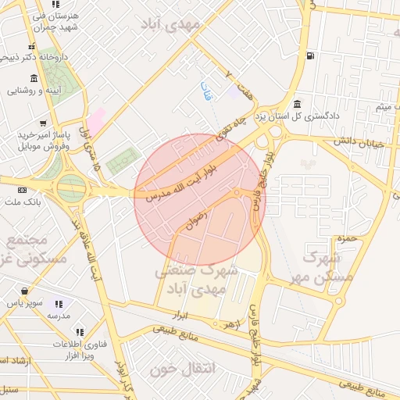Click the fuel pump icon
312,55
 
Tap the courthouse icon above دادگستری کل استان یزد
297,105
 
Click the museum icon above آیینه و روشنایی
33,79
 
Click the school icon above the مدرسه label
59,304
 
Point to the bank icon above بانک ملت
21,190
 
